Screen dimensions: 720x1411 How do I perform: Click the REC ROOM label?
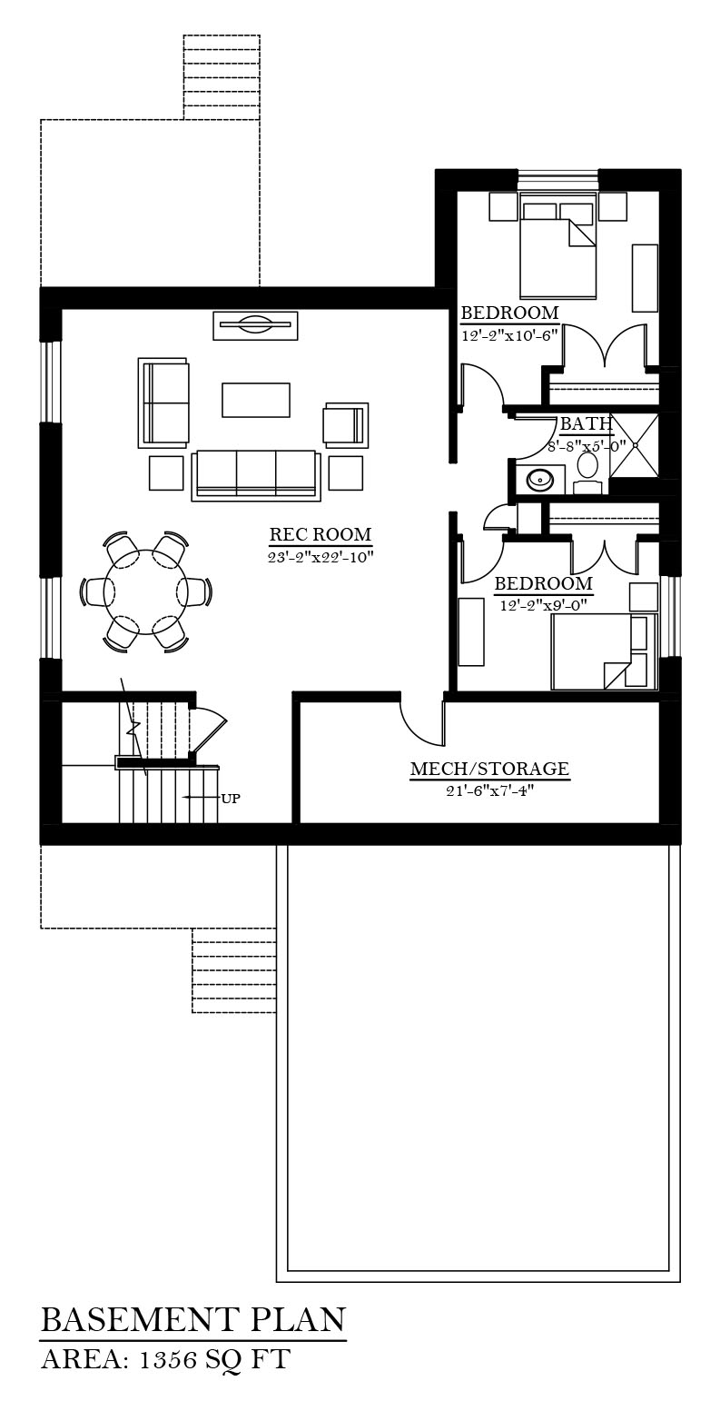pos(321,534)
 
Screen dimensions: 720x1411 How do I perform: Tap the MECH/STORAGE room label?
pos(489,769)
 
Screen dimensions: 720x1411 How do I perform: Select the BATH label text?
pos(586,424)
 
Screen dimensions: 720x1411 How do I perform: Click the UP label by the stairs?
pos(231,799)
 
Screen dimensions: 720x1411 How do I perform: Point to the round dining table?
pos(146,592)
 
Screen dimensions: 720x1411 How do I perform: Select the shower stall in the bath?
pos(635,444)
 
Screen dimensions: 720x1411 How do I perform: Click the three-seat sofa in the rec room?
pos(255,475)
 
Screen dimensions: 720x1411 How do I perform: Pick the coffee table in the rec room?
pos(255,400)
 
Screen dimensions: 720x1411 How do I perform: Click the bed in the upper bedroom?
pos(557,245)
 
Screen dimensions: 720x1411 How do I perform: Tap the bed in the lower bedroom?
pos(604,652)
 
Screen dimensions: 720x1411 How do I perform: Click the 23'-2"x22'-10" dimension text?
pos(321,557)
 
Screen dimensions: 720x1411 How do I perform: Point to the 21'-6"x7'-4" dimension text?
pos(490,790)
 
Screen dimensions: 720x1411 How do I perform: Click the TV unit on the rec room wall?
pos(255,325)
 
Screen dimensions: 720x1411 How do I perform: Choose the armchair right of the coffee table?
pos(346,425)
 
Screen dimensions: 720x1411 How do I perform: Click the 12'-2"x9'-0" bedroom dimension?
pos(543,606)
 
